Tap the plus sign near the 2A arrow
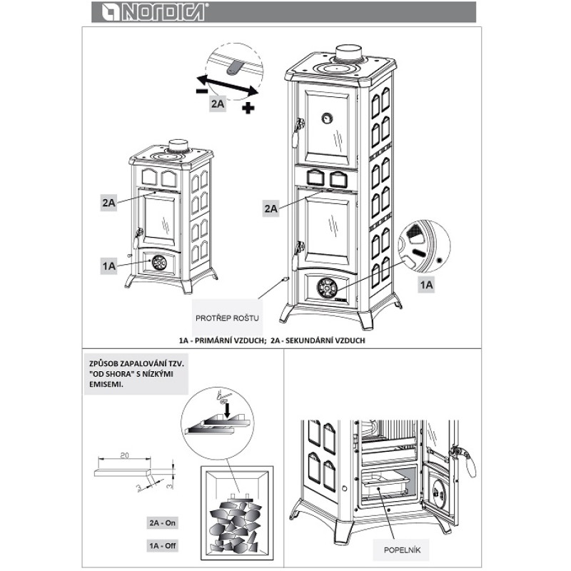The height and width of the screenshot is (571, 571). point(248,108)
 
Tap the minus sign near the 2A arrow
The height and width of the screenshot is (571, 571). point(202,91)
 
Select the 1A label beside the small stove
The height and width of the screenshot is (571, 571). point(108,266)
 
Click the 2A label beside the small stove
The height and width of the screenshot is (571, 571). point(108,203)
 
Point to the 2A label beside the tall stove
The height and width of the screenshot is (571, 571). point(271,208)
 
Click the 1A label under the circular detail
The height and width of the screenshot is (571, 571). point(426,284)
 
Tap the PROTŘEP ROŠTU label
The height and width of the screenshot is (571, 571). point(227,318)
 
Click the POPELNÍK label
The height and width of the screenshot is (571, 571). point(402,550)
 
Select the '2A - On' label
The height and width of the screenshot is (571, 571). point(163,523)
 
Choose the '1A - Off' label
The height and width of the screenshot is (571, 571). point(163,546)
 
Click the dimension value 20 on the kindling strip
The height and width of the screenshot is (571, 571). point(124,455)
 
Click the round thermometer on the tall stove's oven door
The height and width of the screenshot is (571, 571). point(327,118)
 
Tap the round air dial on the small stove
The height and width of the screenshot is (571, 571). point(158,263)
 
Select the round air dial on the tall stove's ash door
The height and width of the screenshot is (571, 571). point(327,288)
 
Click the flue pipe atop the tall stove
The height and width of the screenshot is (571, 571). point(349,53)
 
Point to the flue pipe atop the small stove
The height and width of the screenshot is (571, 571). point(178,145)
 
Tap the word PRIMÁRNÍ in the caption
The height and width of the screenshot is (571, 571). point(216,340)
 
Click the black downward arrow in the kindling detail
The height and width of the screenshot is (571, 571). point(228,410)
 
